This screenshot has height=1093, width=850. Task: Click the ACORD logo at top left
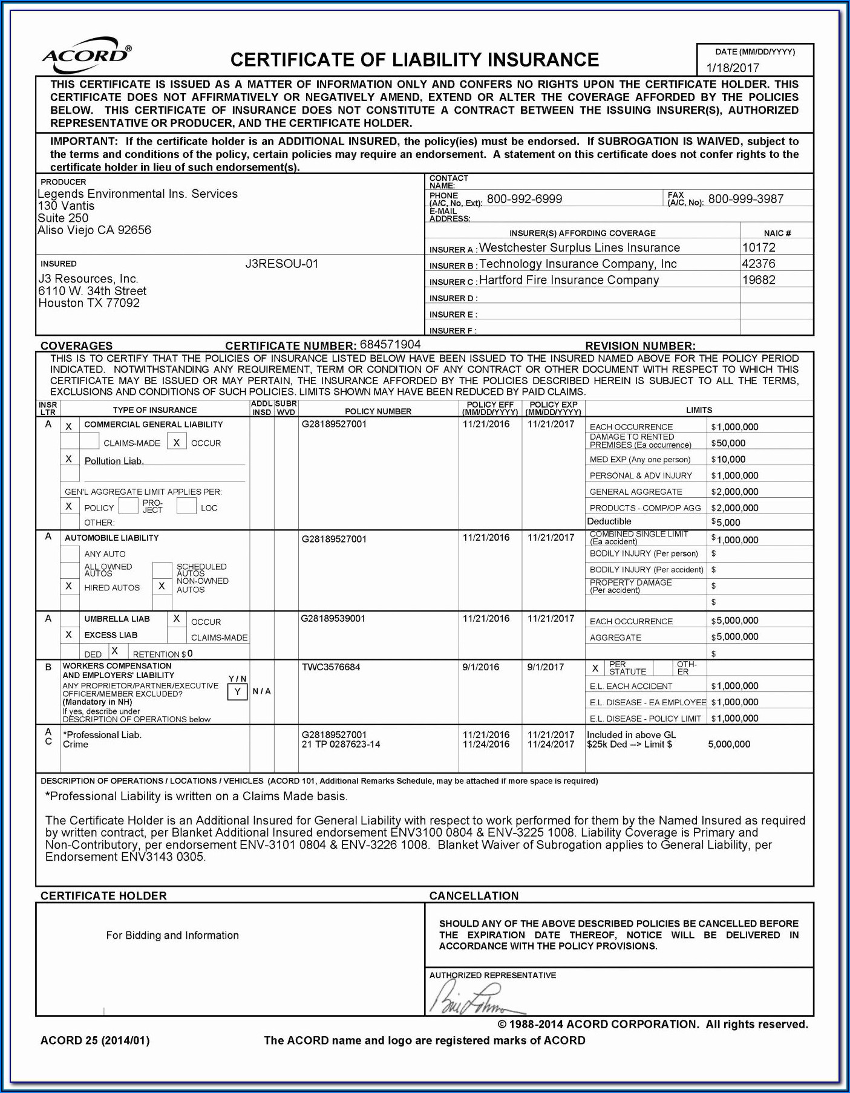(x=87, y=56)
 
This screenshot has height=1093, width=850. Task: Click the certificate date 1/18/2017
(x=733, y=68)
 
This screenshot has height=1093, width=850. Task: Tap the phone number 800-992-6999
(x=524, y=199)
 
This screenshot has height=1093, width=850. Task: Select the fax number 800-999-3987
(x=745, y=199)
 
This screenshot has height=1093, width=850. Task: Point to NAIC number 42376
(x=758, y=264)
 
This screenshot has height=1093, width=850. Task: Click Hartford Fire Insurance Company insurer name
(x=569, y=280)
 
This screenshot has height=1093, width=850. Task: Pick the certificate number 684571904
(x=390, y=345)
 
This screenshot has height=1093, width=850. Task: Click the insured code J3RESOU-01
(x=281, y=264)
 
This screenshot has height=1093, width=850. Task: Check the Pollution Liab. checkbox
(x=69, y=459)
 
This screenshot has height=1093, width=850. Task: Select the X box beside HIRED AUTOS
(x=69, y=586)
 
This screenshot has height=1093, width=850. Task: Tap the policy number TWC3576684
(x=330, y=667)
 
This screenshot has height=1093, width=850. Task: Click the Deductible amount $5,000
(x=728, y=522)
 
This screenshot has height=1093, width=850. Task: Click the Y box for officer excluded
(x=237, y=691)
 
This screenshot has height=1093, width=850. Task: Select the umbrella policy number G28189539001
(x=333, y=619)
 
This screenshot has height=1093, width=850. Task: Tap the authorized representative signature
(x=475, y=999)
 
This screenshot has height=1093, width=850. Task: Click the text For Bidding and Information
(x=172, y=935)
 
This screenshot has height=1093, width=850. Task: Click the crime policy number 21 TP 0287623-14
(x=341, y=745)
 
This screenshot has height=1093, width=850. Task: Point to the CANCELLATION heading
(x=474, y=896)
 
